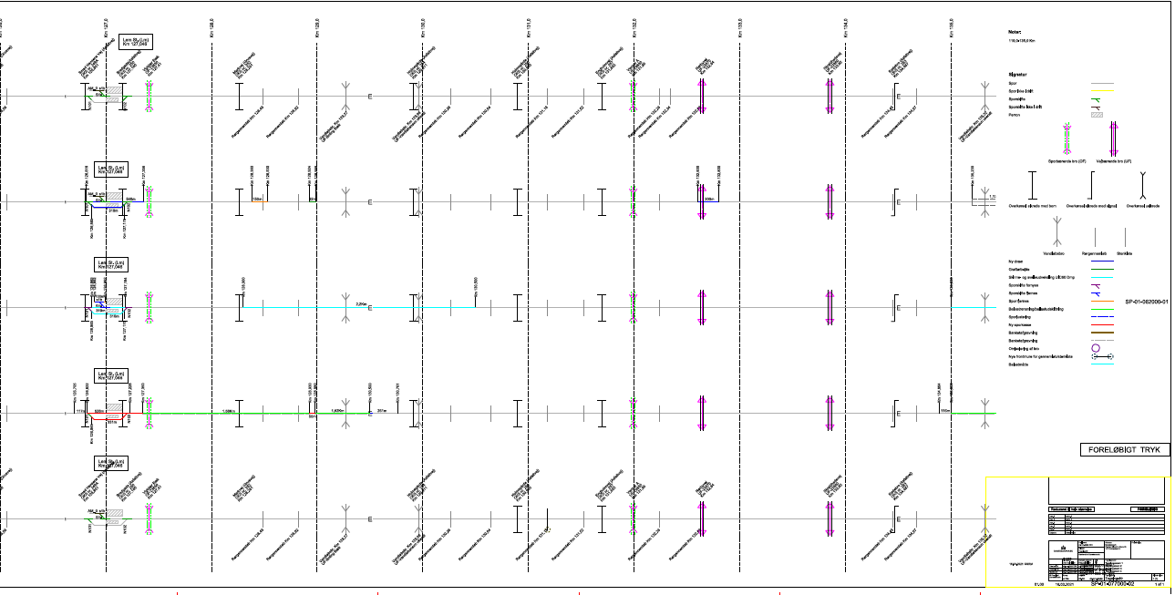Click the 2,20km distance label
point(360,304)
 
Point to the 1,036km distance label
point(228,411)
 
